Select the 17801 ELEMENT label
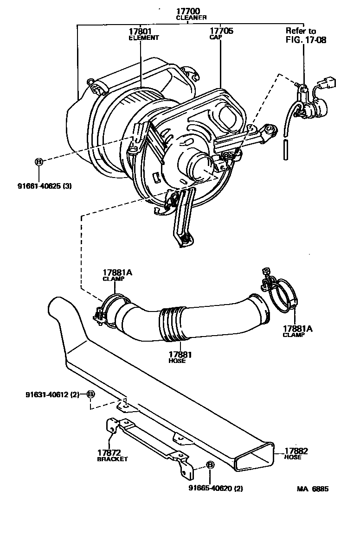(143, 34)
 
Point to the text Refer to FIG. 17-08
(305, 35)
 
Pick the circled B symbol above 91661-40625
(39, 161)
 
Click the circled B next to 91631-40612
(90, 394)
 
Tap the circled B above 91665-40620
(209, 465)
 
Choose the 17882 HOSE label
(296, 453)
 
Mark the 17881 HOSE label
(176, 357)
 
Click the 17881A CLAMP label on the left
(117, 275)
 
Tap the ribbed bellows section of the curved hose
(170, 322)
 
